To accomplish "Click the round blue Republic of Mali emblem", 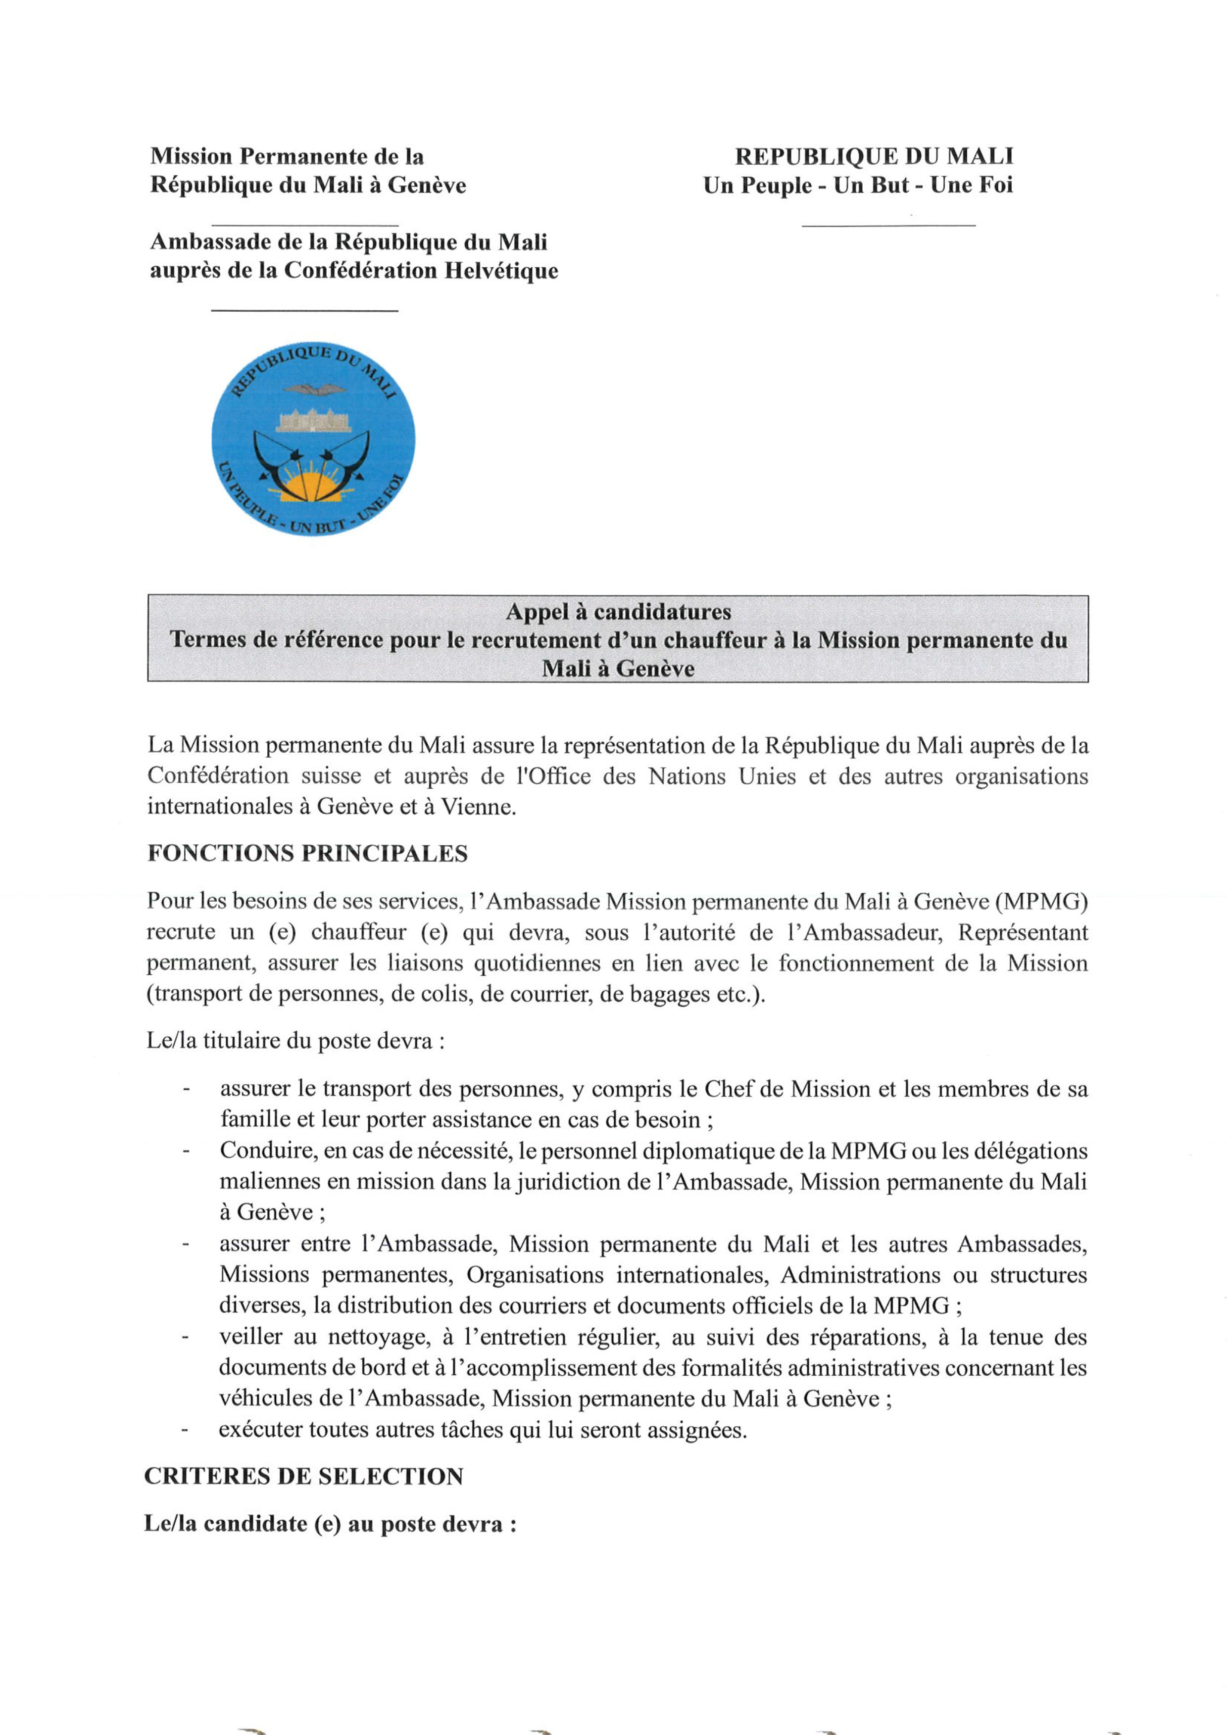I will [313, 439].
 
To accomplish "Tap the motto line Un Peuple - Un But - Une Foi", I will [857, 185].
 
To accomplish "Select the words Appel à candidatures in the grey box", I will [618, 611].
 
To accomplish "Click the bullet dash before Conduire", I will [185, 1151].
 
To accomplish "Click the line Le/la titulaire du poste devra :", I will [295, 1041].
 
